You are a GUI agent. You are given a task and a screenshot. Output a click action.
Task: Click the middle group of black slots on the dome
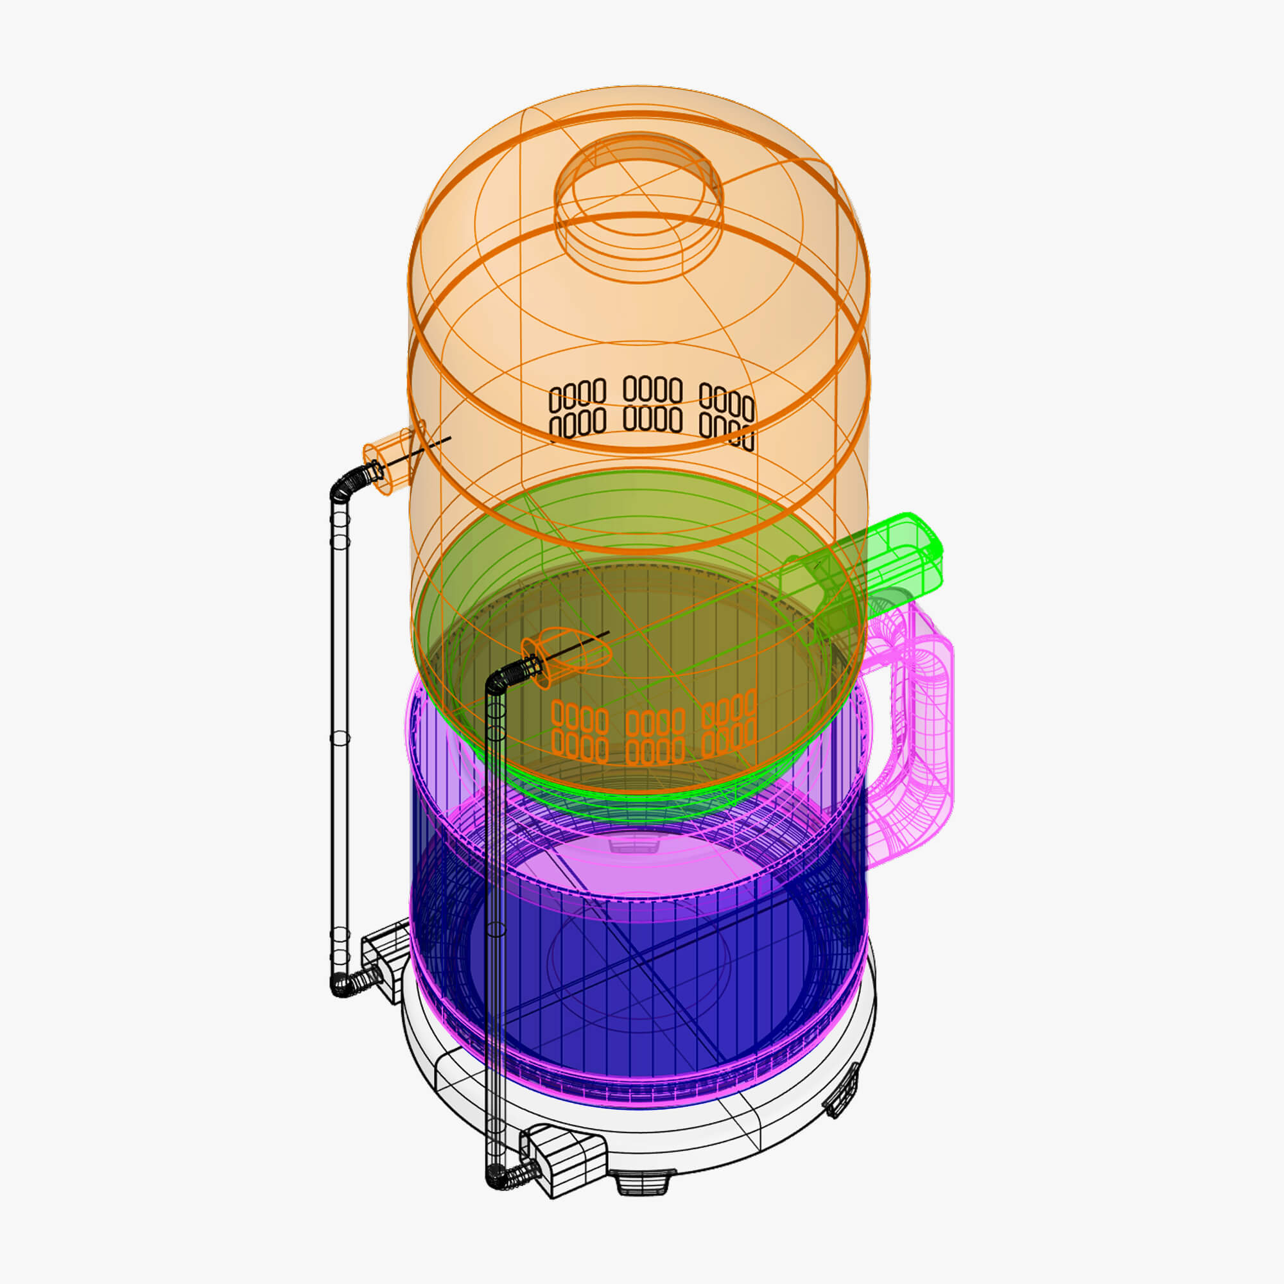click(x=654, y=404)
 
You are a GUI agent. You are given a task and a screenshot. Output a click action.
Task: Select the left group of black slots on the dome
click(x=578, y=409)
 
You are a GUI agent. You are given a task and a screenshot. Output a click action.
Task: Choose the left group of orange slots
click(x=580, y=732)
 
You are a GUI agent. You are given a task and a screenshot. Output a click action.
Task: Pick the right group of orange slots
click(x=729, y=724)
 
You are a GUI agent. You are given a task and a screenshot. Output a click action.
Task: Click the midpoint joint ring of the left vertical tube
click(x=340, y=738)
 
